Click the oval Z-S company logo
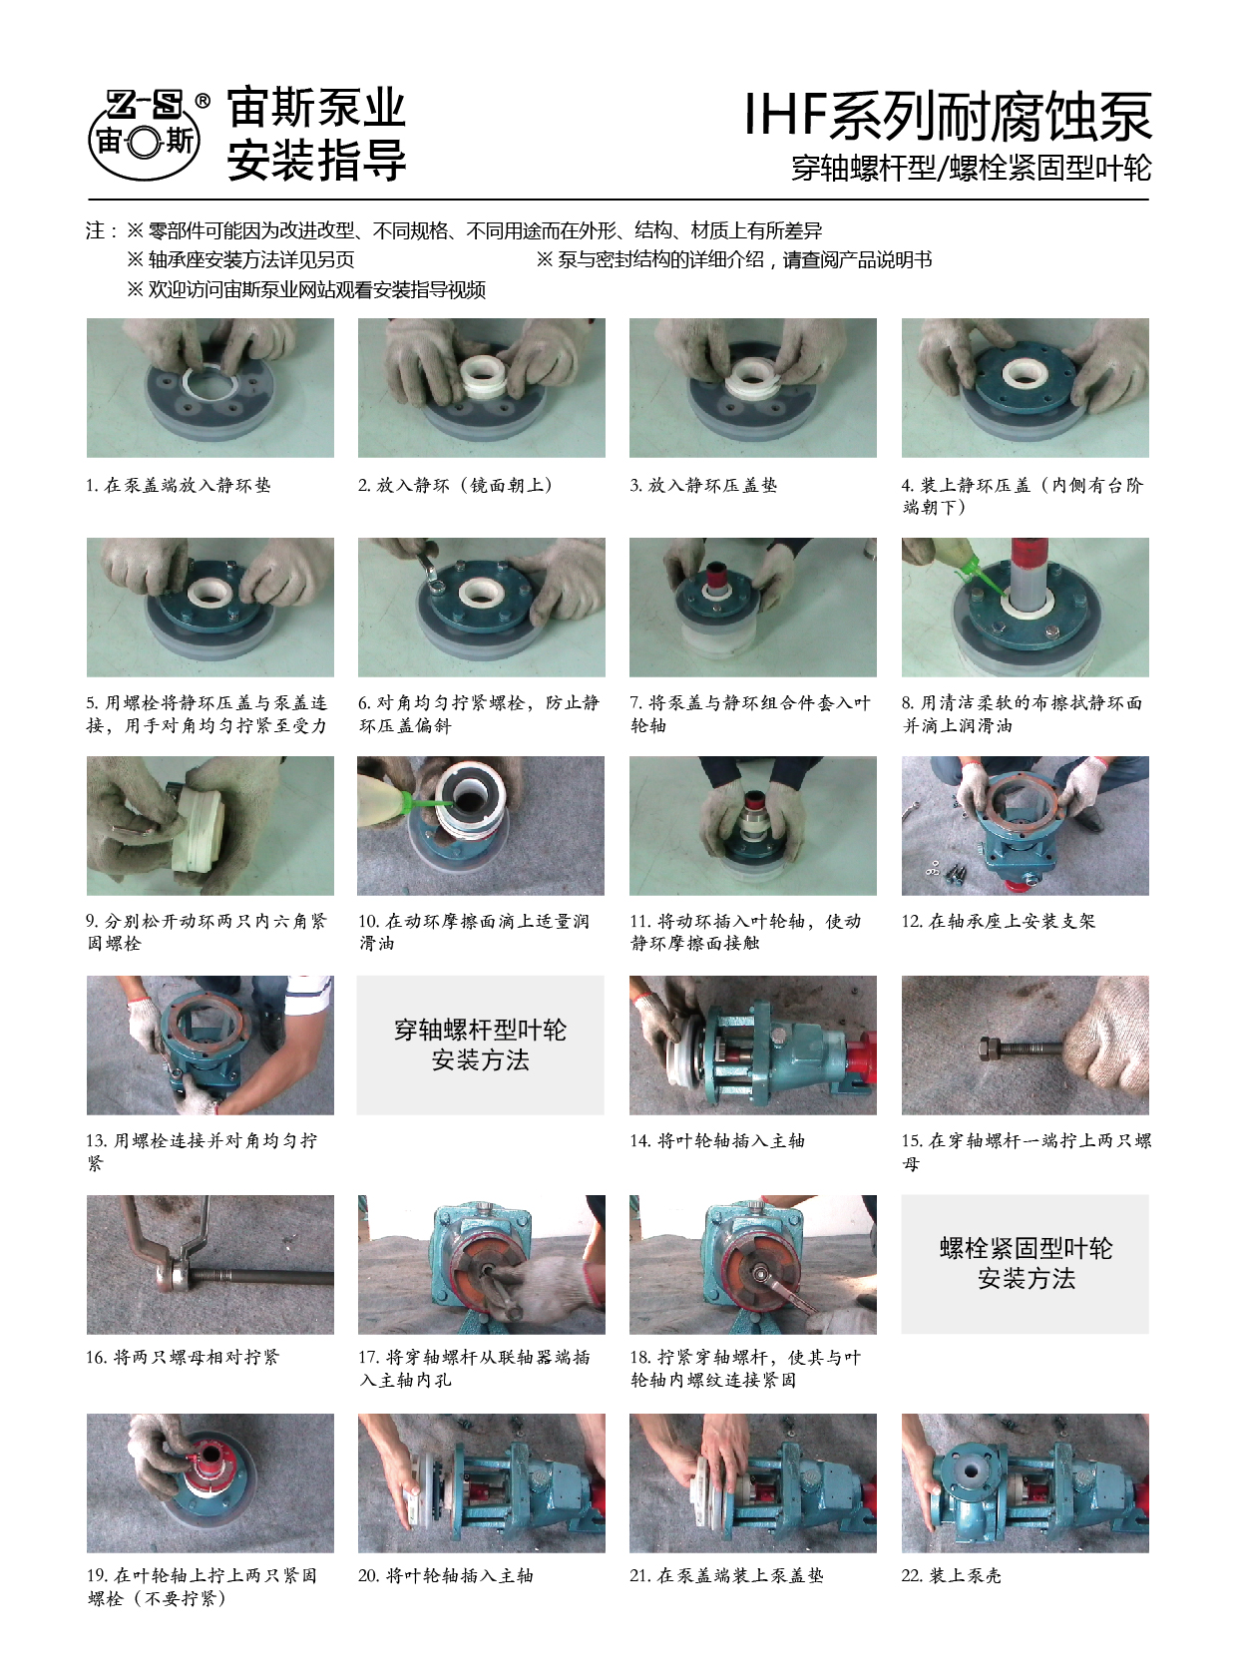[x=145, y=136]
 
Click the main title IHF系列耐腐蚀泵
[x=948, y=116]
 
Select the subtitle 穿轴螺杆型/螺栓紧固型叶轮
[x=971, y=169]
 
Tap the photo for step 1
[x=209, y=387]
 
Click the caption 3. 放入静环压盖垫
[x=703, y=486]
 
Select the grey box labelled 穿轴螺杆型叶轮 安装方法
[x=481, y=1045]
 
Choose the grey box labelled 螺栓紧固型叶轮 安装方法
[x=1025, y=1264]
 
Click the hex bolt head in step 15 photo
[x=988, y=1048]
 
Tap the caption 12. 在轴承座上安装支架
[x=999, y=921]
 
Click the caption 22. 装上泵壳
[x=952, y=1575]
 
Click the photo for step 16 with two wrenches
[x=209, y=1264]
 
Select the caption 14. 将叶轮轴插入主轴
[x=717, y=1141]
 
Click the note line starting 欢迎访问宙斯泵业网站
[x=306, y=290]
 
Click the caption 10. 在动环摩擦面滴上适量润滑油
[x=474, y=932]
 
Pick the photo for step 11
[x=753, y=825]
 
